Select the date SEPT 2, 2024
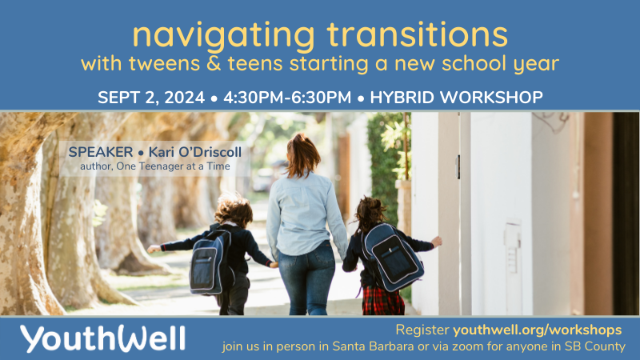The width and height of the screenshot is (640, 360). pos(149,98)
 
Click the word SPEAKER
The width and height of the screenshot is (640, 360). pos(99,152)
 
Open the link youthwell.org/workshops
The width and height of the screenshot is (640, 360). pos(537,330)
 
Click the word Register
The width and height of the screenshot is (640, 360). pos(422,330)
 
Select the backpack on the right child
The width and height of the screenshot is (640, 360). pos(390,255)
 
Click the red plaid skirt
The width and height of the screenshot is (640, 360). pos(383,302)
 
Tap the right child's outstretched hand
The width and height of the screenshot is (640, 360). pos(437,240)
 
